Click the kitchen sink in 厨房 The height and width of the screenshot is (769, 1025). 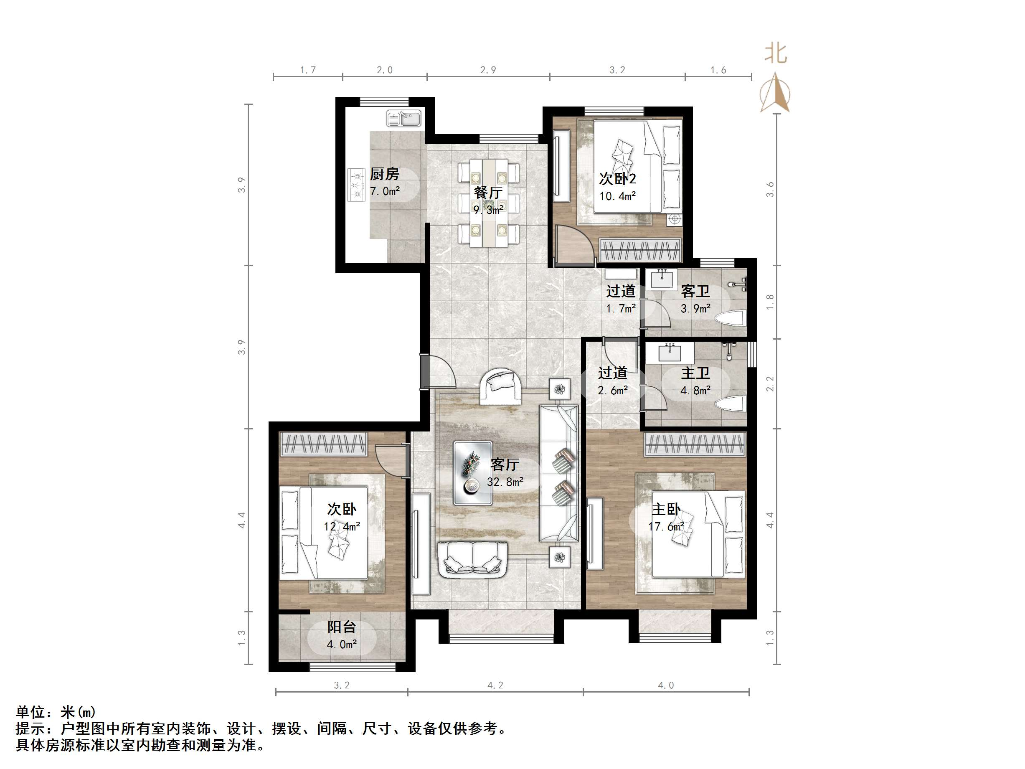[403, 118]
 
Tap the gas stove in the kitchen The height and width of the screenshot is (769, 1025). [356, 185]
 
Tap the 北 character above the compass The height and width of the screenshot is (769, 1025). [775, 53]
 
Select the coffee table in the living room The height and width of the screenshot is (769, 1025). [473, 473]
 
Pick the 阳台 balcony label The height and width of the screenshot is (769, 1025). [342, 627]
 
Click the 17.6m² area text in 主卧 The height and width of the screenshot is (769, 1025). [666, 527]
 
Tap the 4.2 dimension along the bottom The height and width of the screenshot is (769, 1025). [495, 685]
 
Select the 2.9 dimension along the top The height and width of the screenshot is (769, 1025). [488, 70]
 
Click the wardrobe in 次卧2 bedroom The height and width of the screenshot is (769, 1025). [640, 250]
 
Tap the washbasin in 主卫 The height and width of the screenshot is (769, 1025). [670, 353]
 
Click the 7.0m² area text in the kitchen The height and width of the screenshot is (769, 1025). [385, 190]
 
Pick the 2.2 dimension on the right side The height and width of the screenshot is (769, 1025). [770, 383]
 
